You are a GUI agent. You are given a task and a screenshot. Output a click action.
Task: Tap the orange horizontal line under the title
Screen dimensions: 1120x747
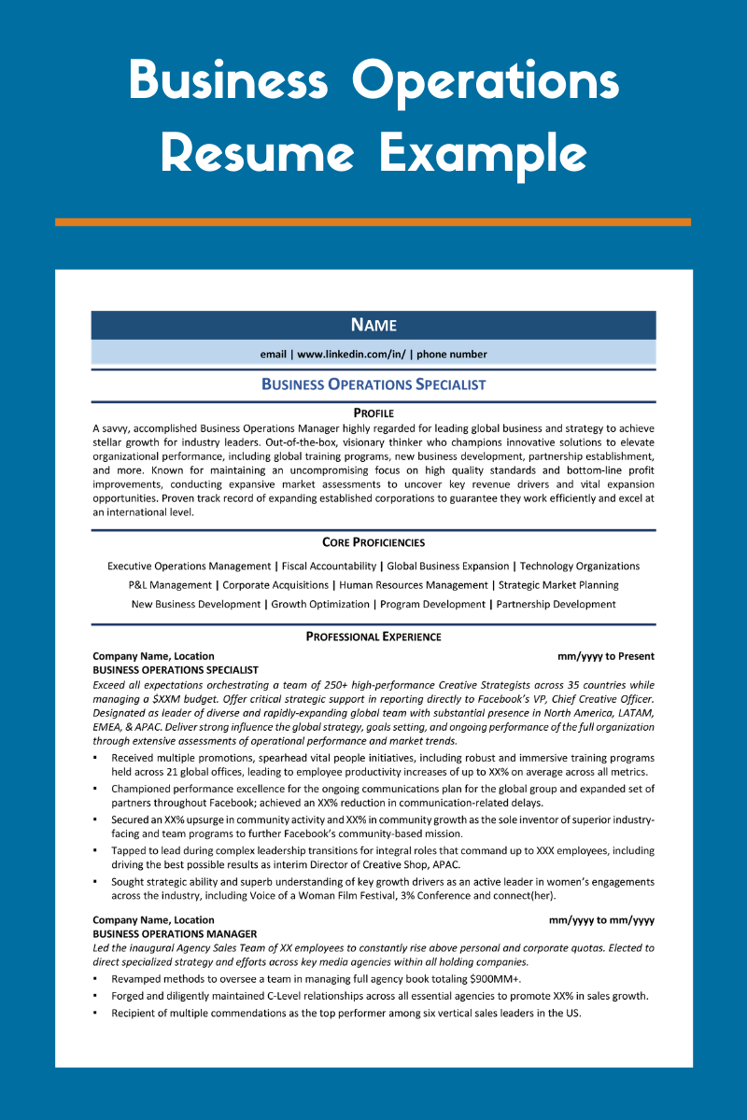[x=373, y=222]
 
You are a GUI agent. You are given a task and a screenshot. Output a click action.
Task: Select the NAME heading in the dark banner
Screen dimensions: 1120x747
[x=373, y=325]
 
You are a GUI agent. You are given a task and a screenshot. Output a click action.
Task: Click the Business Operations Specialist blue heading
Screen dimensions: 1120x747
[x=373, y=385]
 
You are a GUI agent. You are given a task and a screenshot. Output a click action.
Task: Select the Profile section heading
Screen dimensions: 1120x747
[x=373, y=413]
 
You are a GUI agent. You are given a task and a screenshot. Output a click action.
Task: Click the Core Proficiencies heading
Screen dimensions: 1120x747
[x=373, y=542]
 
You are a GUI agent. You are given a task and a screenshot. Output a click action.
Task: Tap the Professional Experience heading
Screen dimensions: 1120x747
[x=373, y=637]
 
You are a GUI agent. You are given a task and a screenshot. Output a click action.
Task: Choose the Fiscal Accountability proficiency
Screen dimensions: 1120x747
[x=331, y=567]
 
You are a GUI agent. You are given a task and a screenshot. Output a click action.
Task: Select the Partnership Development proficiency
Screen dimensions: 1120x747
[x=556, y=605]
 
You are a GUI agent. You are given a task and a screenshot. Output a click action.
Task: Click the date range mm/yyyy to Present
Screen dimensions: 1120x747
[x=605, y=656]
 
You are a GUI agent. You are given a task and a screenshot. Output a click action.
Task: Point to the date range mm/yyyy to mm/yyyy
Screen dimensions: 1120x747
[x=601, y=920]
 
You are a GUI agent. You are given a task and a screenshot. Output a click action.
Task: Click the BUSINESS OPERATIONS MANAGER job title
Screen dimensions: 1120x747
[x=176, y=933]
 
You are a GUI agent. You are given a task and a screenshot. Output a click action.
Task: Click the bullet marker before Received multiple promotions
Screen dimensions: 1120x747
[x=96, y=758]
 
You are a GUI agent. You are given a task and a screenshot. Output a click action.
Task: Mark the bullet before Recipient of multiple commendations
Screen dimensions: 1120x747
[x=96, y=1013]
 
